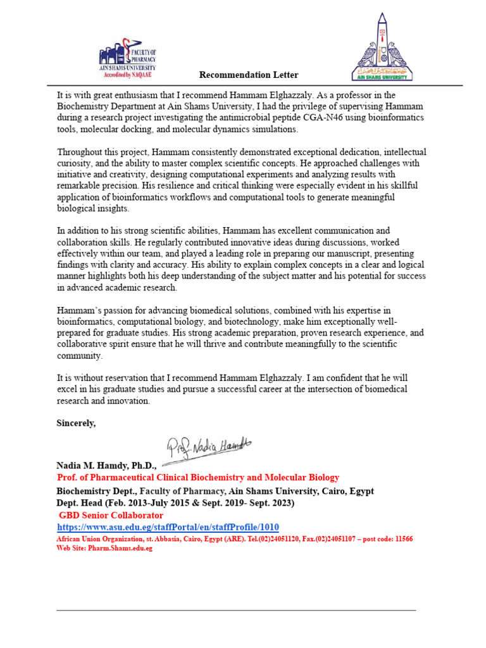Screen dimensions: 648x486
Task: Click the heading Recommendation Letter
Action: pos(249,75)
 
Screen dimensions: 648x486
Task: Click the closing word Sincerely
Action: pos(77,423)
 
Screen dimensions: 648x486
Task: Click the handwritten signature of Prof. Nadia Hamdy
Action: pos(209,449)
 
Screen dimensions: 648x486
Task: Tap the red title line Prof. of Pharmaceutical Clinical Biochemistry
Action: pos(198,478)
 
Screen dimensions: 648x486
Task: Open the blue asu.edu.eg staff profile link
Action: pos(168,527)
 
